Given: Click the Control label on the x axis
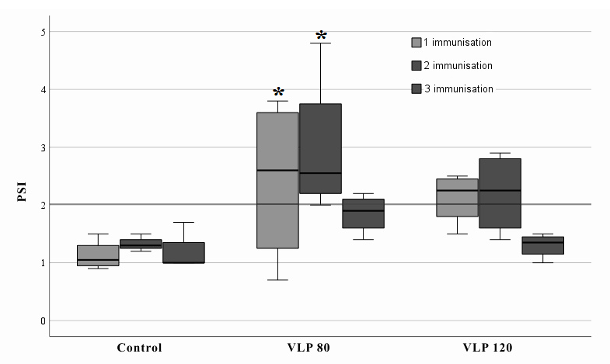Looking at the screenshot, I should (x=140, y=347).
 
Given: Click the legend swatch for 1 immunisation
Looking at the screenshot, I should (x=417, y=43).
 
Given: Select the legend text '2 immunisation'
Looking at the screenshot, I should (x=458, y=66).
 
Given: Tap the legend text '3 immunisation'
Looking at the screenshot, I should (x=458, y=89).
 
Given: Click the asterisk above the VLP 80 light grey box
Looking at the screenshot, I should (x=277, y=93).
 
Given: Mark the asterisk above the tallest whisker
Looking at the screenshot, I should (x=321, y=36).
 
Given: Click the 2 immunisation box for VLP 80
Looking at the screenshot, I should (x=320, y=148).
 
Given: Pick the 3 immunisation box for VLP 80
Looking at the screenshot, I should (x=363, y=213).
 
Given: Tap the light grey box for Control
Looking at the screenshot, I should (x=98, y=255).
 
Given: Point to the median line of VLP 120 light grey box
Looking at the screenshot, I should (x=457, y=190).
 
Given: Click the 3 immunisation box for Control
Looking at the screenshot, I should (x=183, y=253).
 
